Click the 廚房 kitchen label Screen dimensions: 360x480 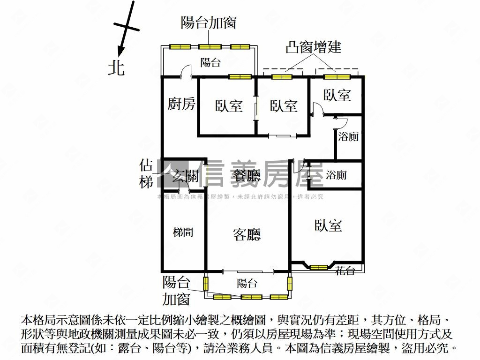tap(181, 104)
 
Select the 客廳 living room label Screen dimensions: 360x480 tap(247, 234)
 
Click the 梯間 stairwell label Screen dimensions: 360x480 tap(182, 232)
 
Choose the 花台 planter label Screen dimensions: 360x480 tap(345, 270)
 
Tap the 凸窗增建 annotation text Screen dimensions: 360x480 tap(314, 47)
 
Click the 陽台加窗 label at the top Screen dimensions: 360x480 tap(209, 22)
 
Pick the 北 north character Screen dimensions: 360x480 tap(116, 68)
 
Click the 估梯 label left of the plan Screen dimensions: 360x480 tap(146, 174)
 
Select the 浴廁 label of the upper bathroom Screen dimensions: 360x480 tap(348, 137)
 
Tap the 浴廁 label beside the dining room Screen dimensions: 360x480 tap(336, 175)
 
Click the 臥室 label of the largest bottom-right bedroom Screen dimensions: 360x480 tap(328, 225)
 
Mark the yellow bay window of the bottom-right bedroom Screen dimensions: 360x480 tap(319, 268)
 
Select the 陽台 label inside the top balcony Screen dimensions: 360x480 tap(210, 62)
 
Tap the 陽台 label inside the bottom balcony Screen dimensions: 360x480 tap(247, 283)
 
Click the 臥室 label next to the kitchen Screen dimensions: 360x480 tap(229, 106)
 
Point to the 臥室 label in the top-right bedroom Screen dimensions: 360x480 tap(337, 95)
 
